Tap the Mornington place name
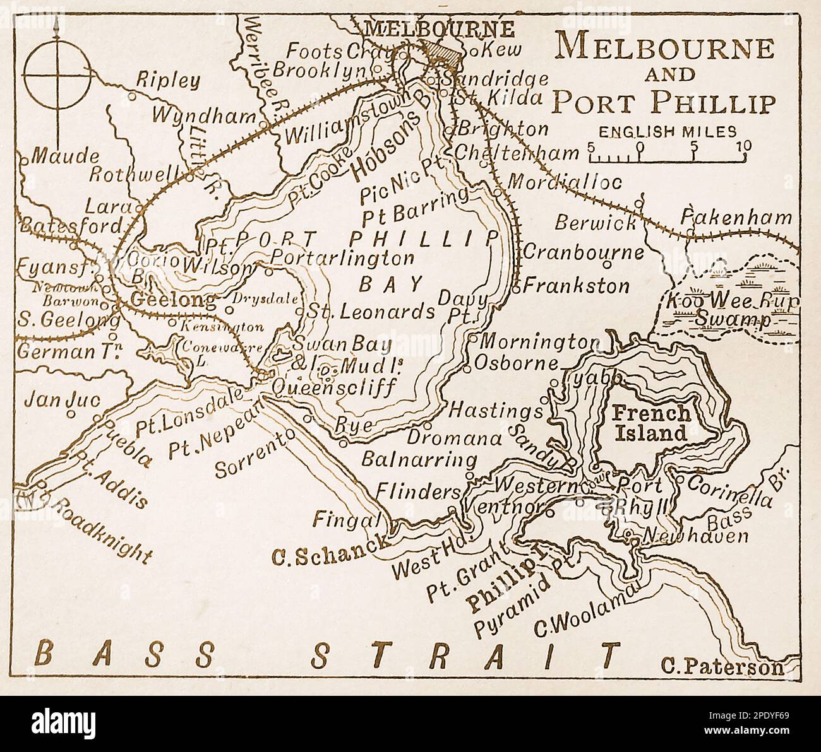pyautogui.click(x=539, y=342)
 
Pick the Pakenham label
pyautogui.click(x=736, y=218)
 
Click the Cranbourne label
pyautogui.click(x=583, y=252)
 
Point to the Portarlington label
pyautogui.click(x=343, y=258)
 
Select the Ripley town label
pyautogui.click(x=168, y=80)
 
